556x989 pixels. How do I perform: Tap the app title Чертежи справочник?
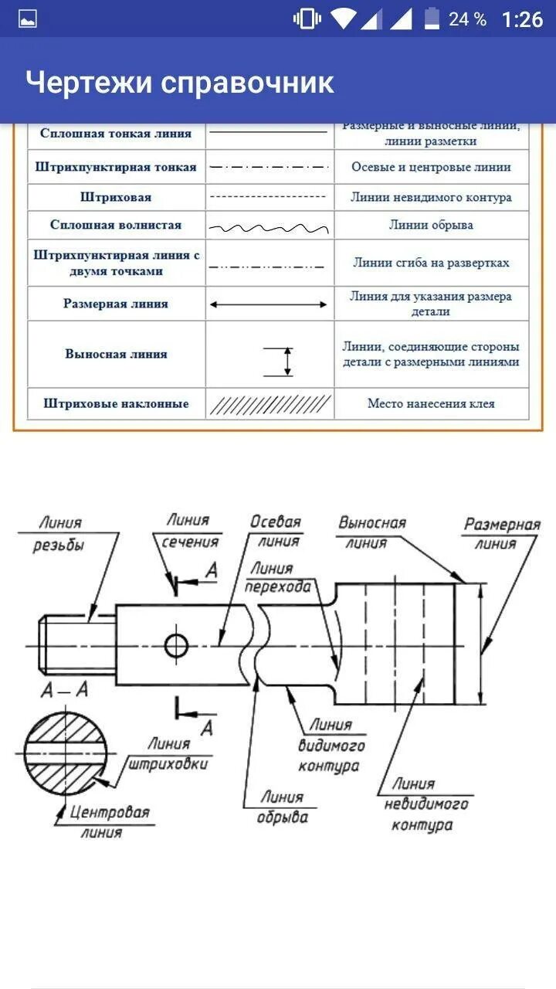click(x=179, y=81)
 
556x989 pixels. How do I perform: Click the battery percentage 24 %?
click(x=467, y=19)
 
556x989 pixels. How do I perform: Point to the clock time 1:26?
click(x=522, y=19)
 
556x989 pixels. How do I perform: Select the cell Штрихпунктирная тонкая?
click(x=116, y=167)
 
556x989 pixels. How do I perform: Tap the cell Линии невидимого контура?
click(x=431, y=197)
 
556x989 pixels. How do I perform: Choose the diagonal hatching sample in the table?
click(x=270, y=404)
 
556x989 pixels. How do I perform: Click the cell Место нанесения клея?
click(x=431, y=403)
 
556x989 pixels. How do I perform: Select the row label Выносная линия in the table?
click(x=116, y=354)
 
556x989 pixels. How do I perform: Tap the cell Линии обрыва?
click(x=431, y=225)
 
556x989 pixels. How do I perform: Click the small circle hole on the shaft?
click(x=176, y=644)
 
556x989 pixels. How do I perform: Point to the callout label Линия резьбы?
click(x=58, y=534)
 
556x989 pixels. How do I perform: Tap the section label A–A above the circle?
click(x=64, y=690)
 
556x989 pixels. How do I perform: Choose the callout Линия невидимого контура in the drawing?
click(x=425, y=804)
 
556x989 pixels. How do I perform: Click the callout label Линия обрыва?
click(x=282, y=807)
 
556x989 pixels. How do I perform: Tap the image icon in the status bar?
click(x=28, y=19)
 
